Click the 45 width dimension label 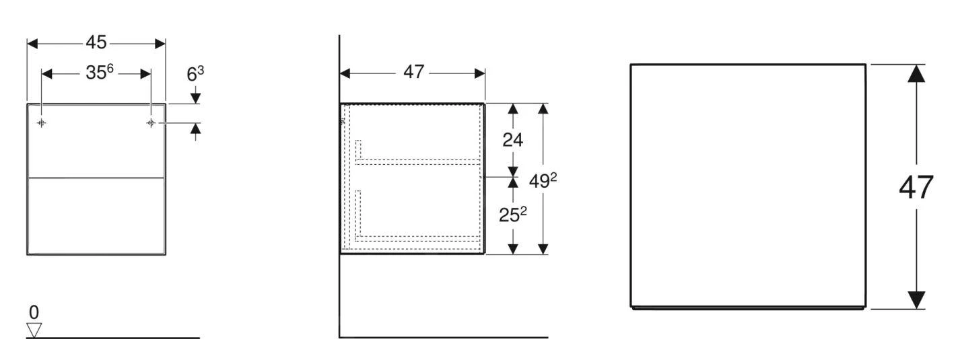pos(96,42)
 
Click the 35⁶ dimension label pos(98,73)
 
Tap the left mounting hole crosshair pos(42,123)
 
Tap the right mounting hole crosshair pos(151,123)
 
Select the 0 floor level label pos(34,312)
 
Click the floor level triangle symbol pos(34,330)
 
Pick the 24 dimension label pos(513,140)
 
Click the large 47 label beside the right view pos(916,187)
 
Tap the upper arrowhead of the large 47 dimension pos(916,73)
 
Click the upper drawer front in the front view pos(96,141)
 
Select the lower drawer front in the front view pos(96,215)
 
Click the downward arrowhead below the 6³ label pos(195,99)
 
